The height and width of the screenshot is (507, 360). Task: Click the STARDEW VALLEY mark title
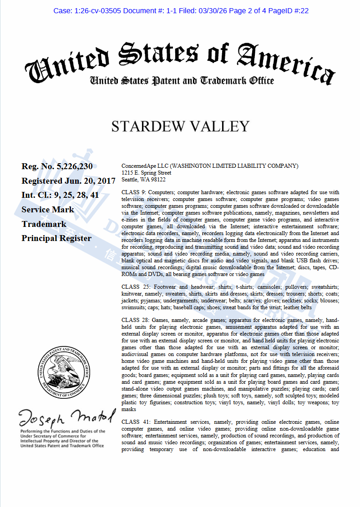pyautogui.click(x=180, y=126)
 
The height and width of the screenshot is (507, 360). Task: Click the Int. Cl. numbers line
pyautogui.click(x=59, y=195)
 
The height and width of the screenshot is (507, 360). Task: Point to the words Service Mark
pyautogui.click(x=48, y=210)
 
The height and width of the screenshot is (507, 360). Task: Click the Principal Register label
pyautogui.click(x=56, y=238)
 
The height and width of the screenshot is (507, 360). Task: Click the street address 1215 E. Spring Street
pyautogui.click(x=146, y=173)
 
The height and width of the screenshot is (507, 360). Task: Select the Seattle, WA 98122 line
pyautogui.click(x=143, y=180)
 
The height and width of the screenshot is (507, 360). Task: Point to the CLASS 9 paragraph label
pyautogui.click(x=134, y=192)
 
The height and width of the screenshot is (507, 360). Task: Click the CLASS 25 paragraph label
pyautogui.click(x=136, y=287)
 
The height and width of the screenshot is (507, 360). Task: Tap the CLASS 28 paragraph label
pyautogui.click(x=136, y=320)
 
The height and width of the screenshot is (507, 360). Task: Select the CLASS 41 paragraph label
pyautogui.click(x=136, y=422)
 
